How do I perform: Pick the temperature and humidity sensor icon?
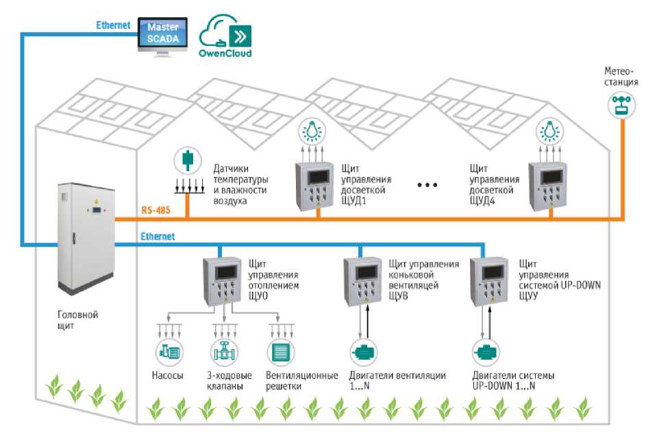(186, 161)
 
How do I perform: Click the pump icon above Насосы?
(167, 352)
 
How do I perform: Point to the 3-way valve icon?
(223, 352)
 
